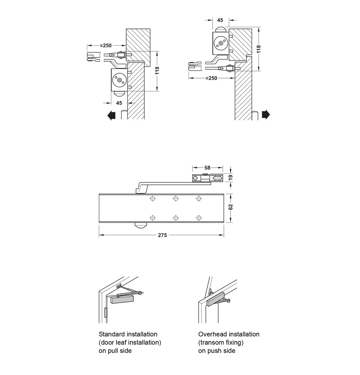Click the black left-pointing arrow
coord(111,115)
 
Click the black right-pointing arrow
coord(266,114)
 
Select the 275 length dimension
coord(162,235)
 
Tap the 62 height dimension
coord(231,207)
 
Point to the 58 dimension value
coord(207,168)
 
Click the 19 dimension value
coord(231,177)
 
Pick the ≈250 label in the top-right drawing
coord(211,78)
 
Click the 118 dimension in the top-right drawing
coord(258,49)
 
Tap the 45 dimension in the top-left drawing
coord(119,103)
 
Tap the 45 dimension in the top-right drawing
coord(220,20)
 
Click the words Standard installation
coord(128,334)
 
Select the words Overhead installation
coord(229,334)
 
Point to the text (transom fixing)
coord(221,343)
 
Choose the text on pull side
coord(115,351)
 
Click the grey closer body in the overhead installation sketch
coord(217,299)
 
